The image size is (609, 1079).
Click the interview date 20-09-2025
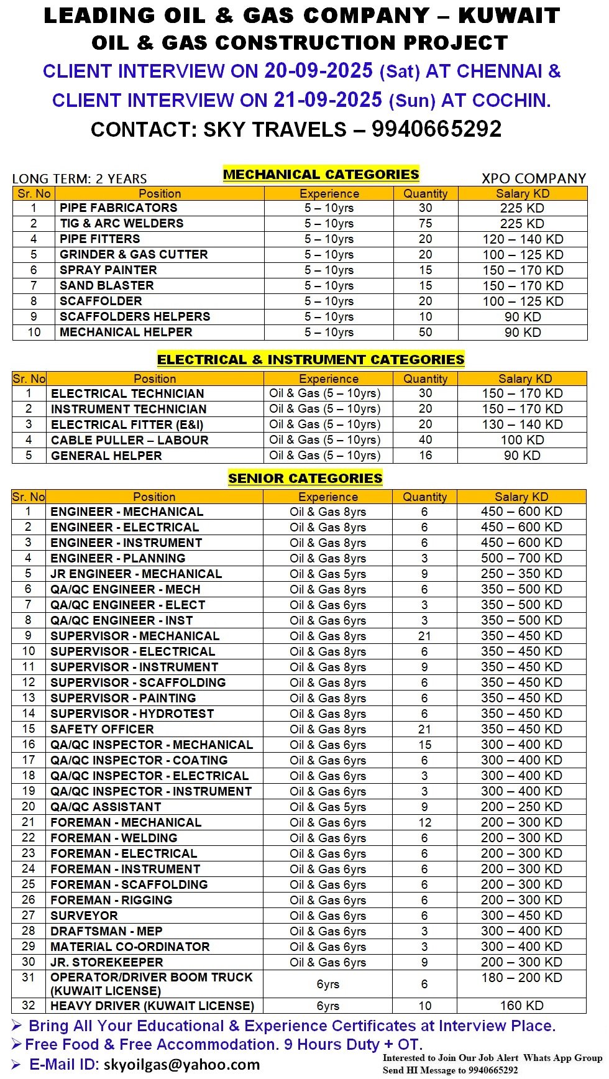coord(318,71)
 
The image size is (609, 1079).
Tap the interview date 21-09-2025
coord(327,100)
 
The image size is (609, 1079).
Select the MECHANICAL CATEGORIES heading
coord(321,175)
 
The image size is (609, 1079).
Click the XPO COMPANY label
coord(534,179)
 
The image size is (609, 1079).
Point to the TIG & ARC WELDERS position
coord(121,224)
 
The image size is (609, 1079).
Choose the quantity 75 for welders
coord(425,224)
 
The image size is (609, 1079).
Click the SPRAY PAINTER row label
coord(108,270)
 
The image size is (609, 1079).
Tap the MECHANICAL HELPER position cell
coord(126,333)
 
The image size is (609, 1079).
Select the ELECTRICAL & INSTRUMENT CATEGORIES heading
coord(311,360)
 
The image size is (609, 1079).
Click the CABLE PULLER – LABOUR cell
coord(129,440)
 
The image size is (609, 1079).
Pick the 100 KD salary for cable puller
coord(522,440)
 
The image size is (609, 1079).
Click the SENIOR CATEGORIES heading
coord(305,479)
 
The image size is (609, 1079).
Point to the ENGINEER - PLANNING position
coord(117,558)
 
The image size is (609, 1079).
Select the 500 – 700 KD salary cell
coord(521,558)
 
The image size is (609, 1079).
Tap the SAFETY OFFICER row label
coord(102,729)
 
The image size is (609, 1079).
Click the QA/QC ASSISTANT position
coord(106,807)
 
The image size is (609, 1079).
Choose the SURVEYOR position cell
coord(84,916)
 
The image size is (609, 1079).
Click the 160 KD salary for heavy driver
coord(521,1006)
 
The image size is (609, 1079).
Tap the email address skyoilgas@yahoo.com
coord(181,1065)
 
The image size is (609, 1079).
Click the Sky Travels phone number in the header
coord(436,129)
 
